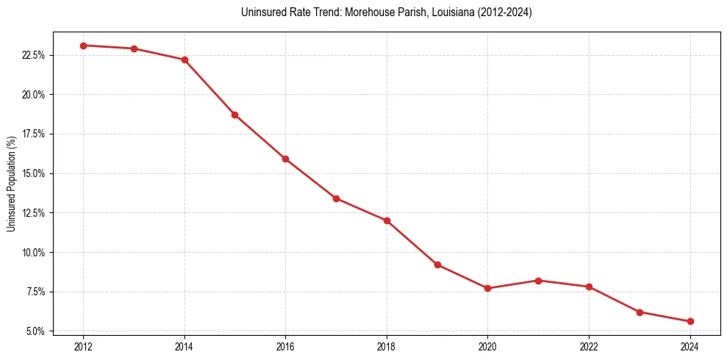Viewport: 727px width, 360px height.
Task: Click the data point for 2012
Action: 83,46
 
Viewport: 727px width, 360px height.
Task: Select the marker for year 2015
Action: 235,115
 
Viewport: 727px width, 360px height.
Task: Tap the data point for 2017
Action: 336,198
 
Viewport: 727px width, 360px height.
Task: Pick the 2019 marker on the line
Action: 437,264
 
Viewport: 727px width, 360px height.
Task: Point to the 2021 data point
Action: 539,281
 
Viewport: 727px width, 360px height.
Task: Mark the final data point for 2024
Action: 690,321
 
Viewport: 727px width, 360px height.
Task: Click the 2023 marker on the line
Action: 640,312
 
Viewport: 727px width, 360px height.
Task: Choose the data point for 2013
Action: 134,48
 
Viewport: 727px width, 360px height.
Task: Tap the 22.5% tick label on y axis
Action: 34,55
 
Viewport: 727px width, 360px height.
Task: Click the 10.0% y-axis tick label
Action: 34,253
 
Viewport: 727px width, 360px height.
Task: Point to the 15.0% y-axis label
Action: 34,173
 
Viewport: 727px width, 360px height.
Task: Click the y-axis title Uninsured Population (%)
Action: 11,184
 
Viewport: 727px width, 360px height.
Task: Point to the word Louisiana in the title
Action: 438,12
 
